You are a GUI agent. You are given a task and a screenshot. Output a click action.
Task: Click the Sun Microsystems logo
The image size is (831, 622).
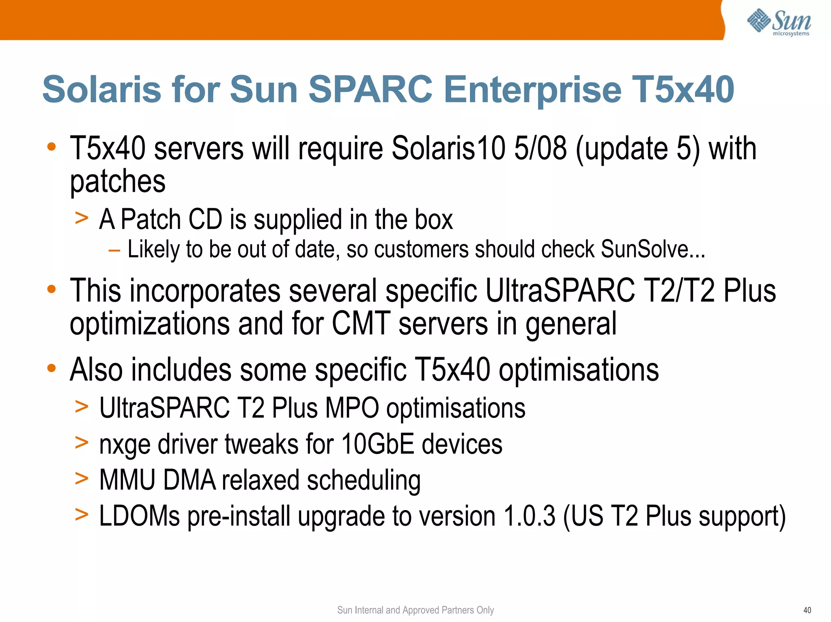click(x=779, y=22)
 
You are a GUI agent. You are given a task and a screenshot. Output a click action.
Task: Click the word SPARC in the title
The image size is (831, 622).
click(x=370, y=89)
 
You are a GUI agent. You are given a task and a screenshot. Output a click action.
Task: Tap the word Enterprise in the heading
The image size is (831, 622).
click(x=532, y=90)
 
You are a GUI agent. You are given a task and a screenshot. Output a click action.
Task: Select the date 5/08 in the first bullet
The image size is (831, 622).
click(x=540, y=148)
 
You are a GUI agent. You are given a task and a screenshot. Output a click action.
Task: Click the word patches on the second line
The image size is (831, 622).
click(x=118, y=182)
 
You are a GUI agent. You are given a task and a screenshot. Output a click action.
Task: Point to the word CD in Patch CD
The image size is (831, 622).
click(x=205, y=220)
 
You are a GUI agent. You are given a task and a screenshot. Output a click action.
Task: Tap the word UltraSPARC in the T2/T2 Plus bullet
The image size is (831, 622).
click(x=560, y=291)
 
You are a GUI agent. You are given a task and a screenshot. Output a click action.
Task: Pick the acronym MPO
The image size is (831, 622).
click(x=352, y=408)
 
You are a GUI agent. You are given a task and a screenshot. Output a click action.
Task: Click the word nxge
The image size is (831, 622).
click(x=125, y=444)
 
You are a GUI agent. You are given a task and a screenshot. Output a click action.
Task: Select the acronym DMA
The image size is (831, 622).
click(x=189, y=480)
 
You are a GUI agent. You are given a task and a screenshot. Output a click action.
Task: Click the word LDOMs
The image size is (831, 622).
click(x=139, y=516)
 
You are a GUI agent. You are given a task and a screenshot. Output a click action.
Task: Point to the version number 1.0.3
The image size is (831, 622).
click(x=529, y=516)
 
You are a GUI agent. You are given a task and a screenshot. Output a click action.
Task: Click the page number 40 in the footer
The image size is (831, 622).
click(x=807, y=610)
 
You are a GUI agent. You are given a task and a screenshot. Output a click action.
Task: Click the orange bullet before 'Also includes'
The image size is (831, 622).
click(x=51, y=368)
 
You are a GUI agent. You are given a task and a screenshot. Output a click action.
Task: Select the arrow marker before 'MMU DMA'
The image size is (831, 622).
click(x=82, y=479)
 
